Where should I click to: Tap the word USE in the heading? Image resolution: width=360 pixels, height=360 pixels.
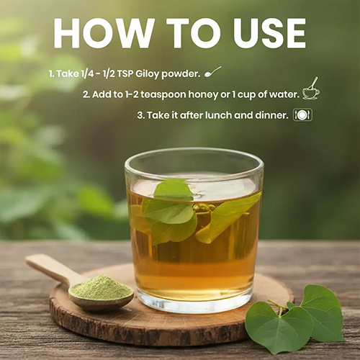[269, 33]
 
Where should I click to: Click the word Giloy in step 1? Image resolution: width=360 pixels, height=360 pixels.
[147, 74]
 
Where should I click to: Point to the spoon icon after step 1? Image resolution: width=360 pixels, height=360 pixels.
[213, 72]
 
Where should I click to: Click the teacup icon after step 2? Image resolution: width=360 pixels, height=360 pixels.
[311, 89]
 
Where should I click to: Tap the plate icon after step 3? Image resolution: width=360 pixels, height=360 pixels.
[303, 115]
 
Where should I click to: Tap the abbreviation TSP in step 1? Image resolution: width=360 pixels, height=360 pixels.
[125, 74]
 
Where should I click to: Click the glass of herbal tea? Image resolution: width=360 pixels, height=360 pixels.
[194, 230]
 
